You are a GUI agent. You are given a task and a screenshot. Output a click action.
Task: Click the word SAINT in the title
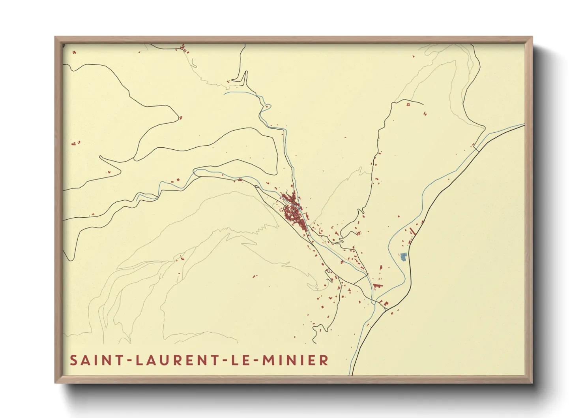[94, 360]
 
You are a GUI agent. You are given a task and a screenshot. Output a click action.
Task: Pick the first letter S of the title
[74, 360]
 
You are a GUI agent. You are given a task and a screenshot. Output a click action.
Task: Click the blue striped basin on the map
[403, 257]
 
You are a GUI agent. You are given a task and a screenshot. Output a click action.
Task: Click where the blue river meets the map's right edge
[524, 125]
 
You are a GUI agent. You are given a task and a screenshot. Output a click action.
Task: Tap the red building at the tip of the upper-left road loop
[181, 117]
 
